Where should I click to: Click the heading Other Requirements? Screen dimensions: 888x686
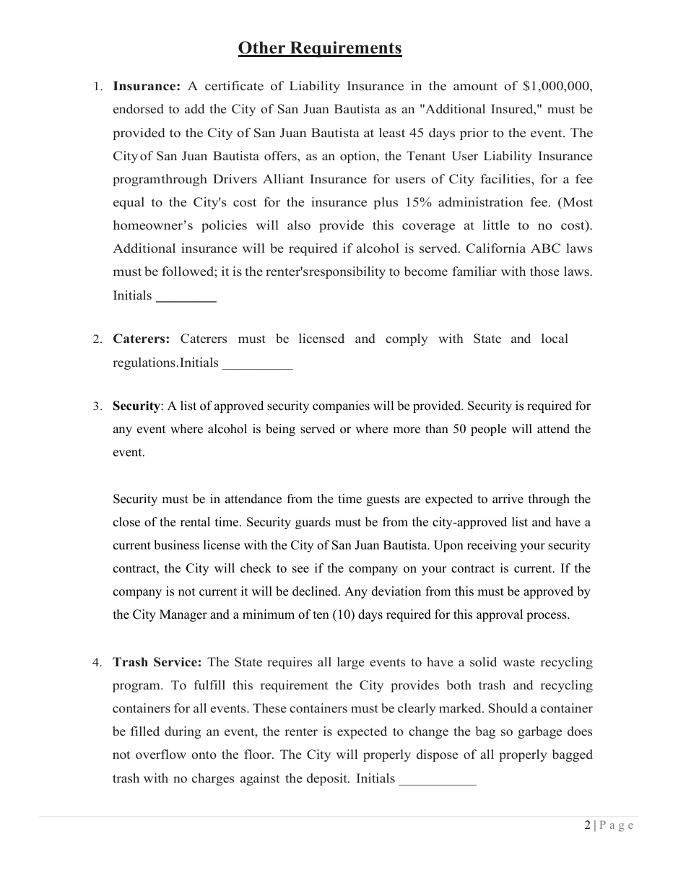[320, 48]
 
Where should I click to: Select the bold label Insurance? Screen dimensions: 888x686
[147, 87]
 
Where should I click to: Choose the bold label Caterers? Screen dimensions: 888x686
[142, 339]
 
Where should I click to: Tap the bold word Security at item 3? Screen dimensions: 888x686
[136, 406]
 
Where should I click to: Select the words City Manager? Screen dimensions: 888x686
[167, 615]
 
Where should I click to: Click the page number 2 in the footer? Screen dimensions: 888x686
[587, 825]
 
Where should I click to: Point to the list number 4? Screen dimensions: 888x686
[97, 663]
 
